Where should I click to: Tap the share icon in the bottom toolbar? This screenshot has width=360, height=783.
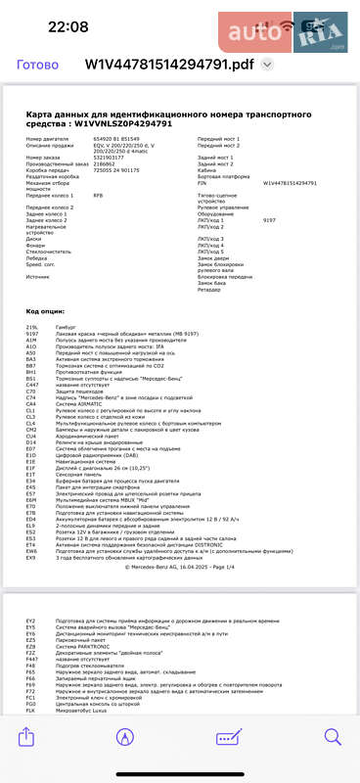(x=27, y=760)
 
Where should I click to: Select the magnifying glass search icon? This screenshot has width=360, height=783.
(x=333, y=760)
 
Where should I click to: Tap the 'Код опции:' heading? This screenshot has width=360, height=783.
(x=44, y=310)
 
